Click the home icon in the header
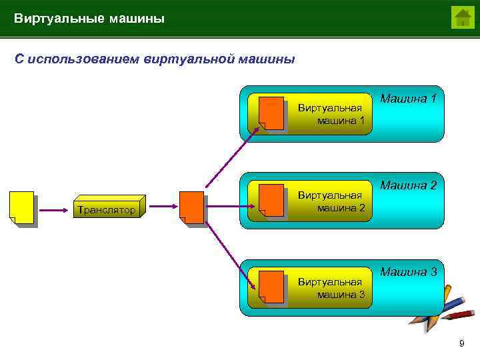point(462,17)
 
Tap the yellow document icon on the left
point(22,207)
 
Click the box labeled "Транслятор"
point(107,209)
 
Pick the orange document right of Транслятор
point(192,207)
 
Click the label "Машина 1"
point(408,99)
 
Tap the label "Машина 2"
point(408,185)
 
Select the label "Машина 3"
point(408,272)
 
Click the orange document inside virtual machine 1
point(271,113)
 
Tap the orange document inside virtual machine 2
point(271,199)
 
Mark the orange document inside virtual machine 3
point(271,286)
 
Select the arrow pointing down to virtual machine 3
point(230,255)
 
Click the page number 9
point(461,343)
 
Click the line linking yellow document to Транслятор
point(53,210)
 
